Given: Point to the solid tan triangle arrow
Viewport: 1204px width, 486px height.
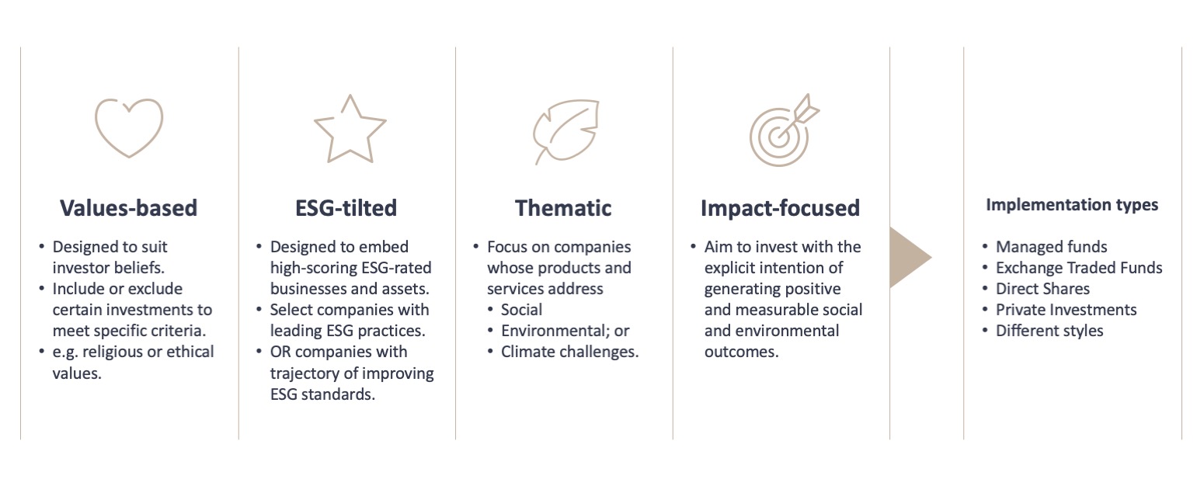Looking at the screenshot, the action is (x=910, y=258).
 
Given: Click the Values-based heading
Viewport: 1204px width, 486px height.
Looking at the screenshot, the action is (x=128, y=208).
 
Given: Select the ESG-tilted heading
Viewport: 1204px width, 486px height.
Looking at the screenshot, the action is (x=346, y=208).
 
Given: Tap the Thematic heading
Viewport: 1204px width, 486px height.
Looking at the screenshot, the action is (x=563, y=208).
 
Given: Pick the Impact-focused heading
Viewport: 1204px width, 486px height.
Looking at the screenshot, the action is (x=781, y=208).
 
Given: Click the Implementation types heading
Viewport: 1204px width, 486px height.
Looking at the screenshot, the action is (x=1072, y=205).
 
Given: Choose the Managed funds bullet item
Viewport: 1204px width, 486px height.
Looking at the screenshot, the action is (x=1051, y=246).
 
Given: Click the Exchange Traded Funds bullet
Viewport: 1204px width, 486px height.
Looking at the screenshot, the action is (x=1079, y=267).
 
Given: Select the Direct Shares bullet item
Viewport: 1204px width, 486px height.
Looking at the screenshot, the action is (x=1042, y=288).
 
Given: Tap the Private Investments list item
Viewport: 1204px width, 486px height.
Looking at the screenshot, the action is (x=1066, y=310).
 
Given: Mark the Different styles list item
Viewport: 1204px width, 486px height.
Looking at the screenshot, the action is (x=1049, y=331).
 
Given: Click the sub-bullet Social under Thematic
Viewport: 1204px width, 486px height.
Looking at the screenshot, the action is (x=521, y=310).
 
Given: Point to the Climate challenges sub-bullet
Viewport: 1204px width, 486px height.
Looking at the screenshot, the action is (x=569, y=352).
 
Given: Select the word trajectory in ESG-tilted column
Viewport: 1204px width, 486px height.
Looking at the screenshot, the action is (x=306, y=373).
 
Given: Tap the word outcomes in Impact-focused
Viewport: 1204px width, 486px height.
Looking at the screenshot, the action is (x=741, y=352).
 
